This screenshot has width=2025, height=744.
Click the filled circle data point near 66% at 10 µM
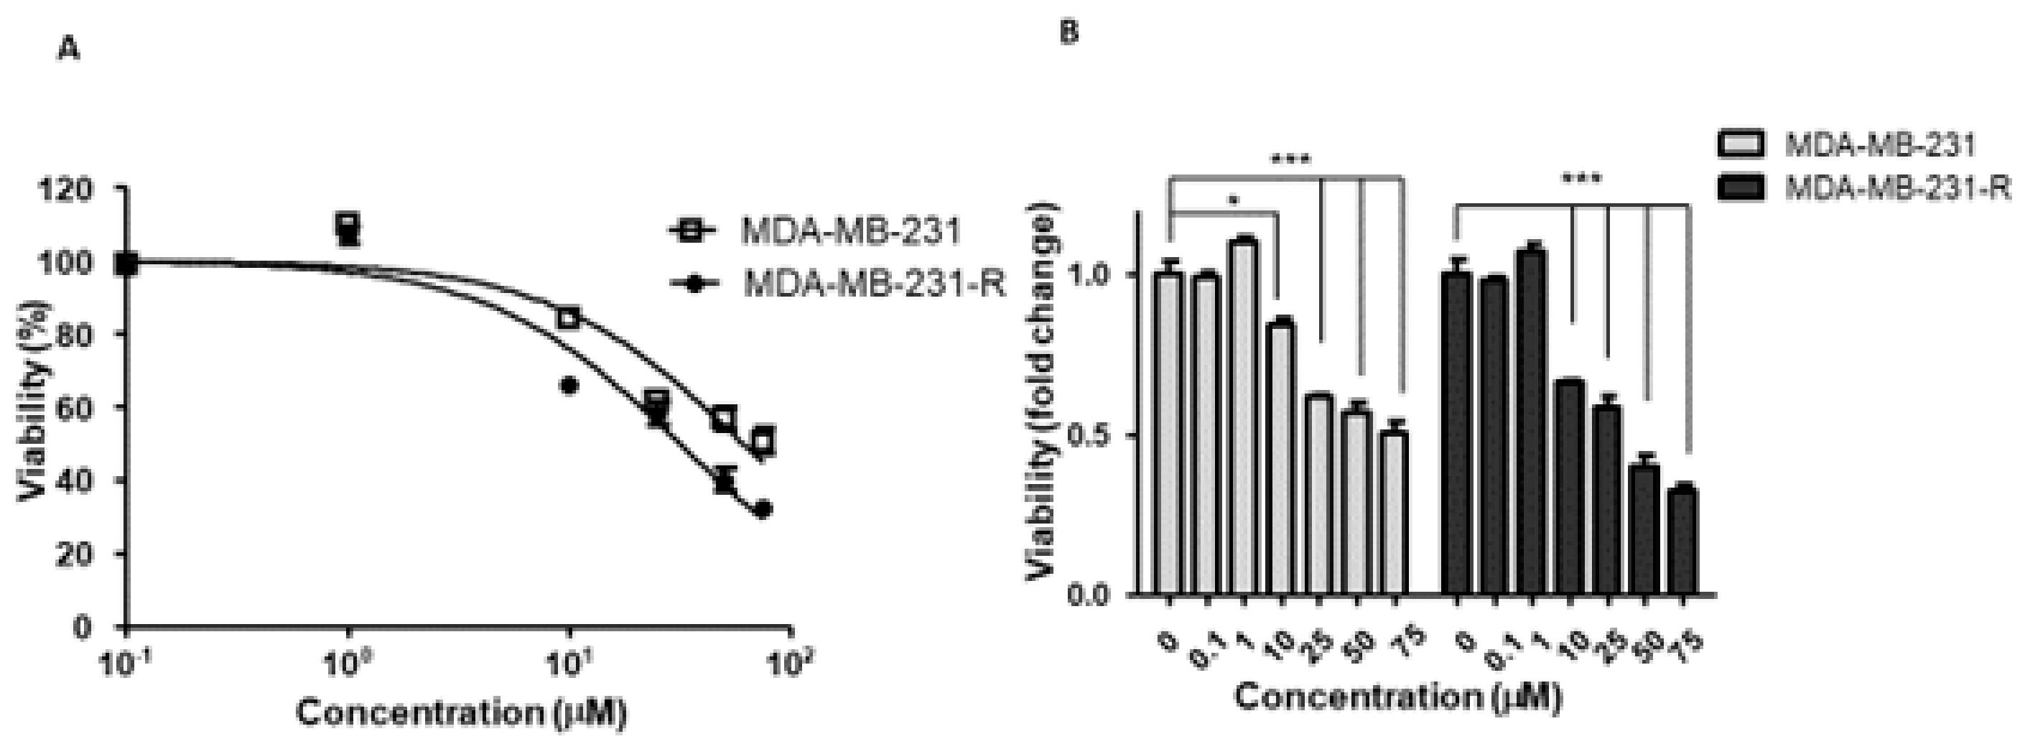pos(569,386)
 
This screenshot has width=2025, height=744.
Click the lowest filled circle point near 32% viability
pos(762,510)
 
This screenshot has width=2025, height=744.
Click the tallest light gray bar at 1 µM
pos(1244,417)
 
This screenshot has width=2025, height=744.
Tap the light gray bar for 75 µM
pos(1395,511)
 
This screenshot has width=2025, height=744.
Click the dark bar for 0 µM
pos(1458,432)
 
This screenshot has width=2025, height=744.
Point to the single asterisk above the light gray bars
pos(1234,201)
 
